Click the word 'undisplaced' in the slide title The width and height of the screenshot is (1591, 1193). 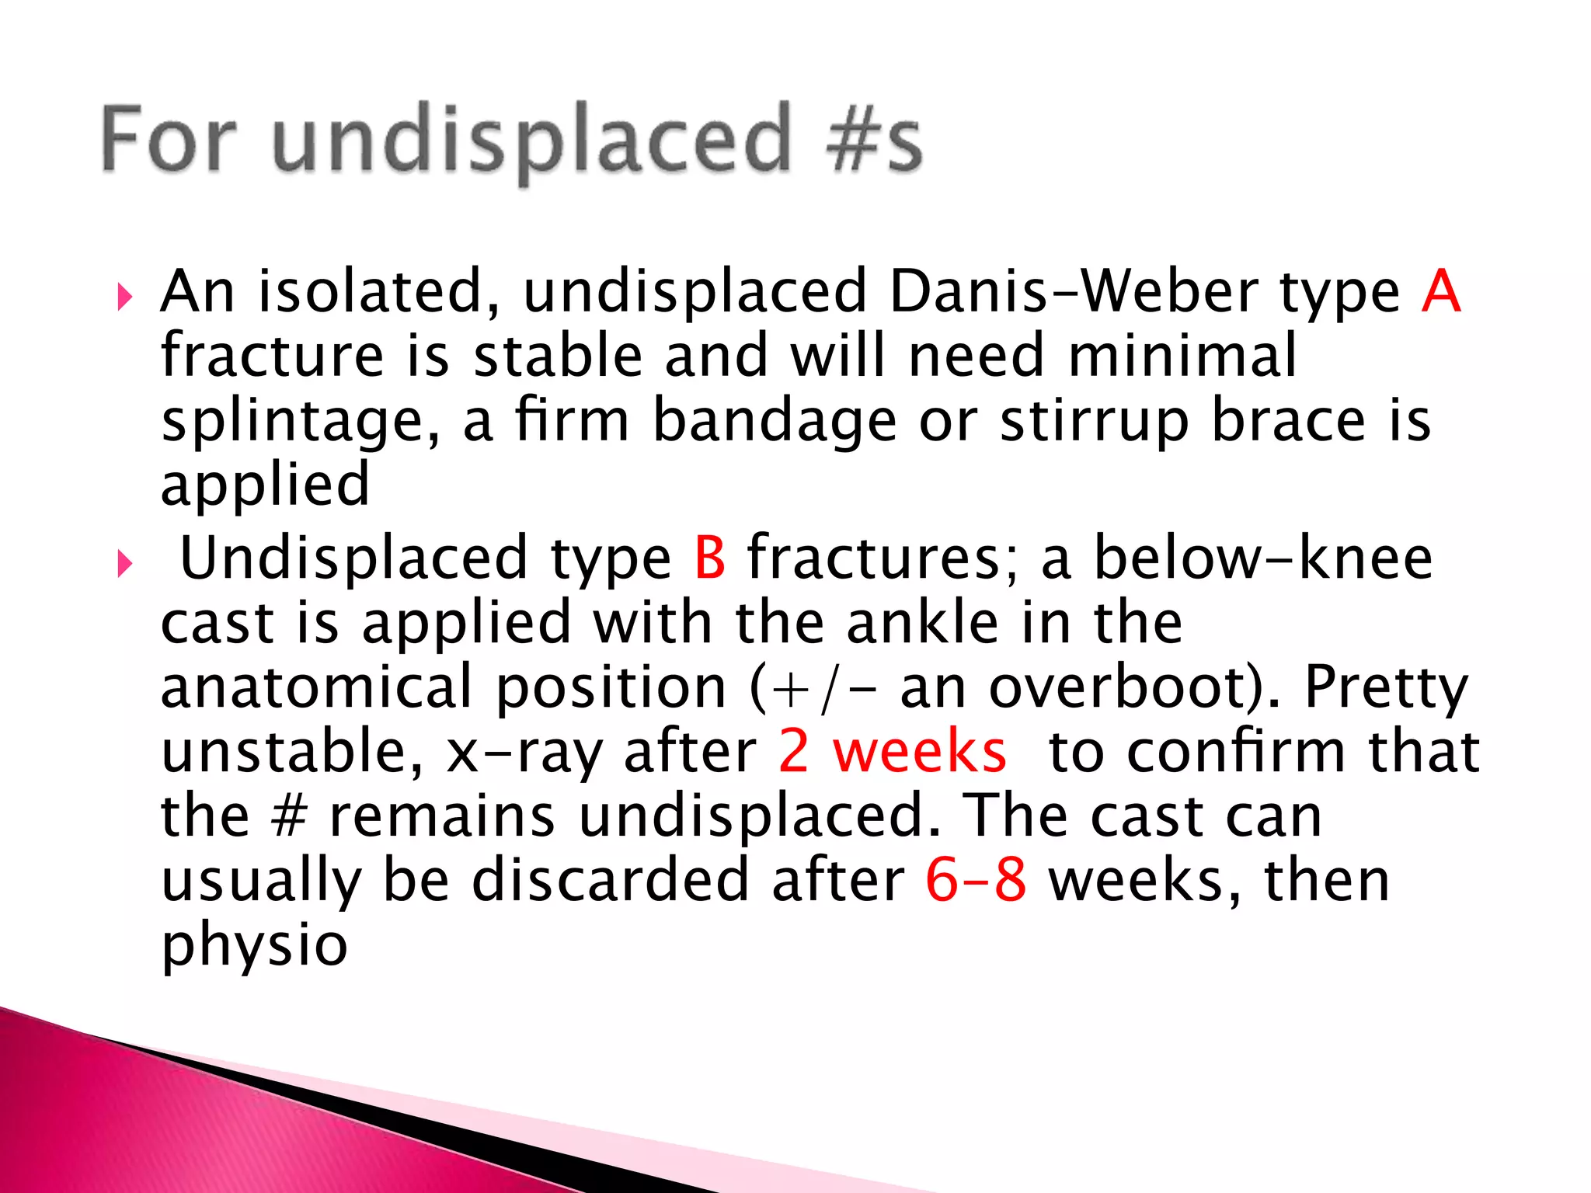[532, 140]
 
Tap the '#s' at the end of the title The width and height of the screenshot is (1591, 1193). [875, 140]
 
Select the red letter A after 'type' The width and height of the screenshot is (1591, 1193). [1441, 291]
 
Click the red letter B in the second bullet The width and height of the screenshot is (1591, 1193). [710, 558]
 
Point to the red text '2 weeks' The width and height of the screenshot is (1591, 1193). [893, 751]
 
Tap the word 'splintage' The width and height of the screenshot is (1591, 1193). [300, 422]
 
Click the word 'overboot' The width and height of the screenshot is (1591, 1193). [1123, 687]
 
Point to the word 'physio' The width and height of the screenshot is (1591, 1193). [254, 946]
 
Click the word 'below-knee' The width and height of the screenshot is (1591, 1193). [1263, 558]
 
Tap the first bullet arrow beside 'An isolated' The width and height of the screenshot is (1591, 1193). [124, 297]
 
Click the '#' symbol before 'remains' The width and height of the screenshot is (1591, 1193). [290, 816]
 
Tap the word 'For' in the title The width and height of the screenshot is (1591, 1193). [168, 140]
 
